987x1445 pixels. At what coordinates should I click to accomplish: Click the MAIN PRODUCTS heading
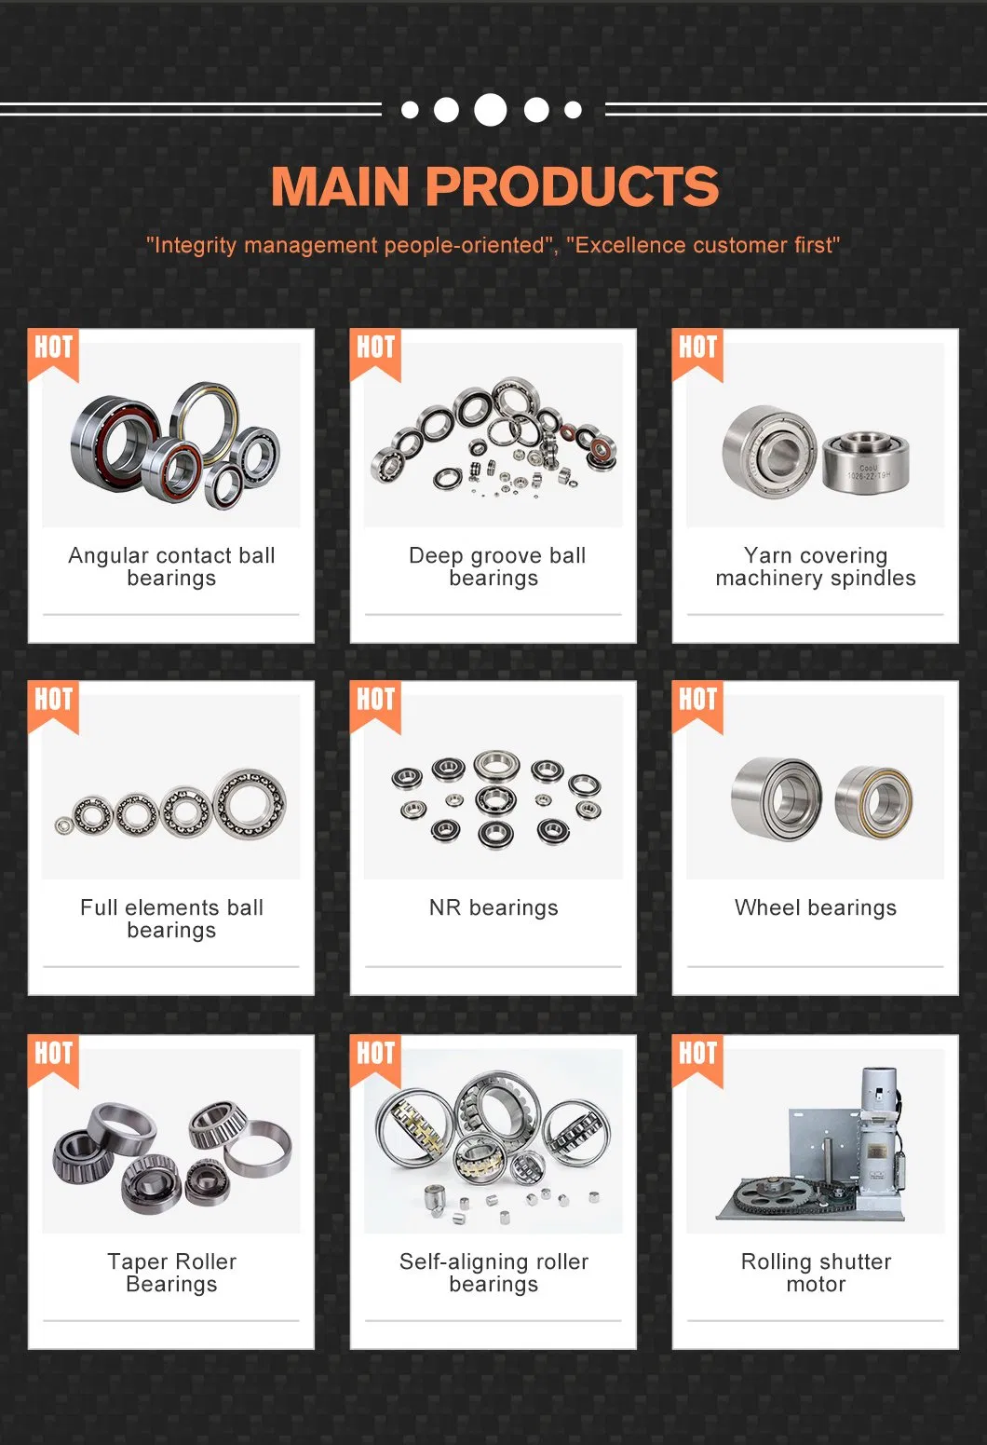coord(494,186)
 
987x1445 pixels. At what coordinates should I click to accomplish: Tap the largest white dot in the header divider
coord(491,110)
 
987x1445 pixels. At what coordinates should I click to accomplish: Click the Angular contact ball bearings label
coord(171,566)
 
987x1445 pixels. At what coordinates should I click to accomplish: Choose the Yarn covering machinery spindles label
coord(816,566)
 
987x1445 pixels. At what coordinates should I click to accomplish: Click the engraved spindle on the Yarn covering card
coord(865,461)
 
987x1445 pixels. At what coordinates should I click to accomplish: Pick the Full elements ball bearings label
coord(171,919)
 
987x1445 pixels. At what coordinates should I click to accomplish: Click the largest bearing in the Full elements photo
coord(250,803)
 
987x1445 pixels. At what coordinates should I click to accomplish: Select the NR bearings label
coord(493,907)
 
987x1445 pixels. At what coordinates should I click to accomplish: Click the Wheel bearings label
coord(816,907)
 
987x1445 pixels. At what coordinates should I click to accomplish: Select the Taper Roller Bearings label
coord(171,1273)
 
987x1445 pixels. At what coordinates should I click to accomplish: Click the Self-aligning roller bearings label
coord(493,1273)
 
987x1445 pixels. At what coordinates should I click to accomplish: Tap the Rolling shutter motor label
coord(816,1273)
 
